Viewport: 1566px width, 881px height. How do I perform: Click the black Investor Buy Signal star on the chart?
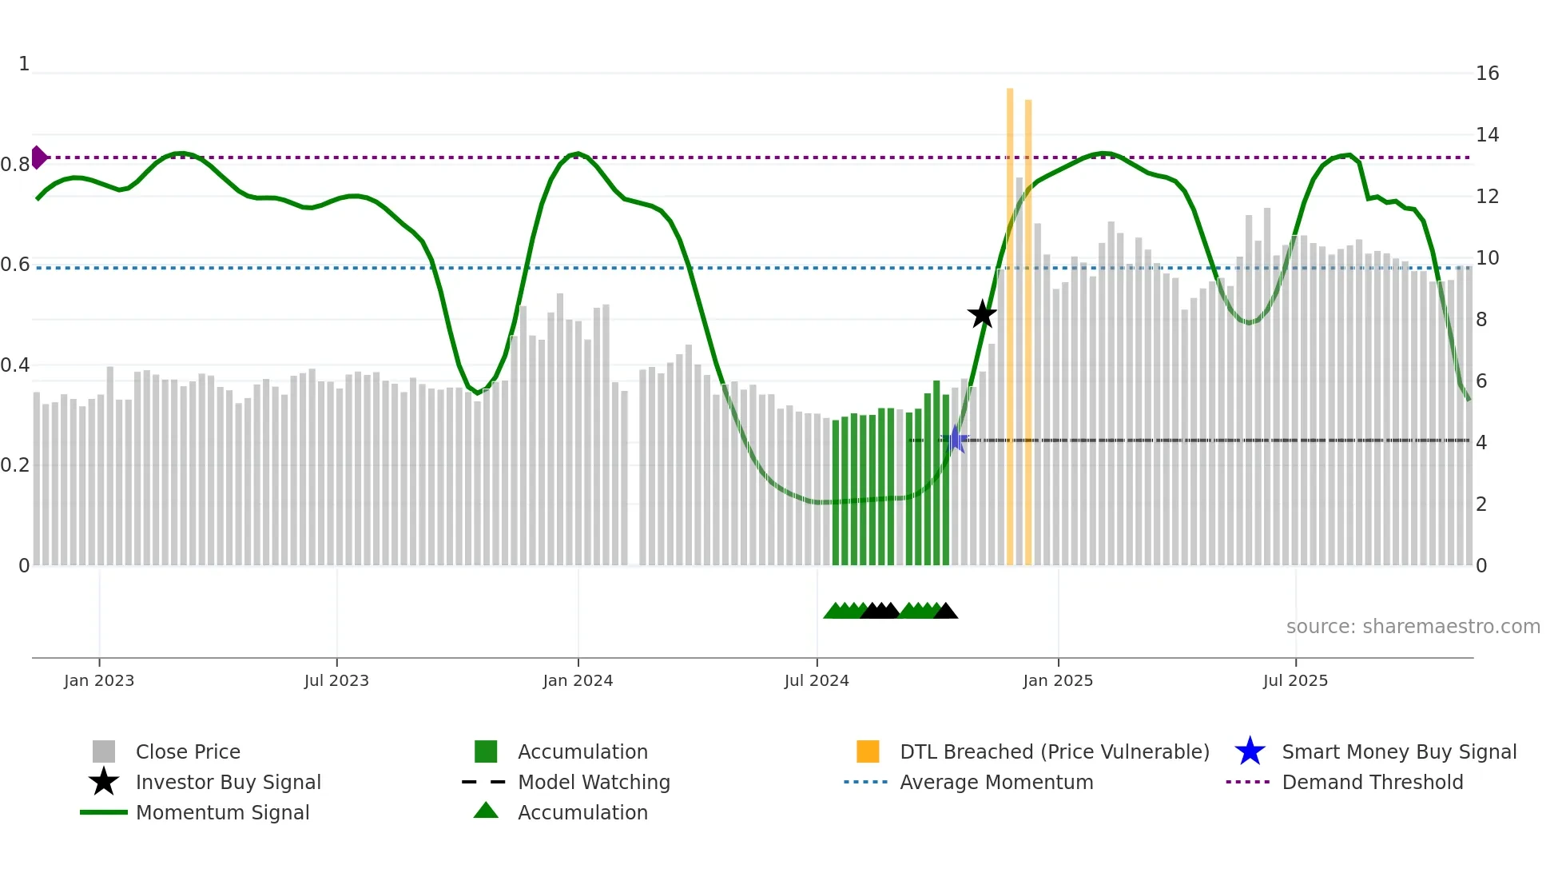tap(982, 314)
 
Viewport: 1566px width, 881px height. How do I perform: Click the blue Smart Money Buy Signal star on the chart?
tap(954, 440)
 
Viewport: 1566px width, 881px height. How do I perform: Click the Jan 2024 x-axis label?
tap(578, 680)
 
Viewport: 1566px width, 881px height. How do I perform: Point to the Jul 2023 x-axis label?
tap(336, 680)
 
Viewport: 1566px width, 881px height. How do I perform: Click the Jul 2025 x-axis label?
tap(1295, 680)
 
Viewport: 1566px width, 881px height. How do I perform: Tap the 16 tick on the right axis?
tap(1487, 74)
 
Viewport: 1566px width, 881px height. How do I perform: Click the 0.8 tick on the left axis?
tap(15, 165)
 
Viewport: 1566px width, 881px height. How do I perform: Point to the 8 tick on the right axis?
tap(1481, 320)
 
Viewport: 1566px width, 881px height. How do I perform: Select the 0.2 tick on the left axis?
tap(15, 465)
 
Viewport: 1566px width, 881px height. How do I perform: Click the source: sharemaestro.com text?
tap(1413, 627)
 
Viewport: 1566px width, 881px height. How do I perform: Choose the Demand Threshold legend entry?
tap(1372, 782)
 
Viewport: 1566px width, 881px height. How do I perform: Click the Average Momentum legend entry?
tap(996, 782)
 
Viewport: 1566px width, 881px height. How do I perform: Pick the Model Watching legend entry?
tap(594, 782)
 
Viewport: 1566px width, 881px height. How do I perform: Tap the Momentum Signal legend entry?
tap(222, 812)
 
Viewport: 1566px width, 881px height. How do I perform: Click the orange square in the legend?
tap(868, 751)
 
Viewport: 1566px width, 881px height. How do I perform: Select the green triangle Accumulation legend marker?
tap(486, 811)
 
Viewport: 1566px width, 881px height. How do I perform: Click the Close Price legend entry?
tap(188, 751)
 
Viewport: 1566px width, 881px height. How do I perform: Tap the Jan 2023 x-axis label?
tap(99, 680)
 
